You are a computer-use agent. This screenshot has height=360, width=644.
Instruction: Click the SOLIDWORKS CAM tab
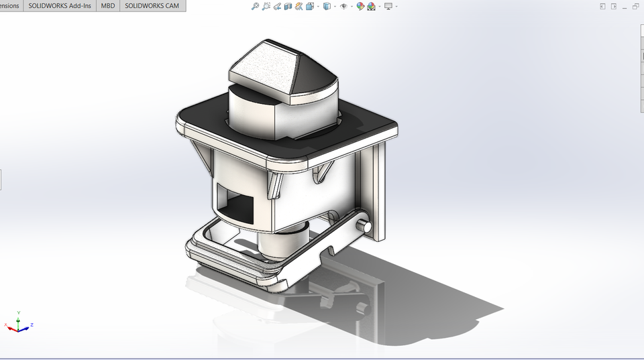click(x=152, y=5)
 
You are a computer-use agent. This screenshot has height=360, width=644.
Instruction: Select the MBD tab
click(x=107, y=5)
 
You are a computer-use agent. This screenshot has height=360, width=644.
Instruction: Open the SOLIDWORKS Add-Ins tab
click(x=60, y=5)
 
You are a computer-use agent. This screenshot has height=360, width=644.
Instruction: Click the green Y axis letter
click(x=18, y=312)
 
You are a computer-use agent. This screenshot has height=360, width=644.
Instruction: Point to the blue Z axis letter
click(x=32, y=324)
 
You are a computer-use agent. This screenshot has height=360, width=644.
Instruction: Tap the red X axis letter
click(x=6, y=325)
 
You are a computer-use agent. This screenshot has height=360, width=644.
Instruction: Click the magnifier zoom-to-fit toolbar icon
click(x=255, y=6)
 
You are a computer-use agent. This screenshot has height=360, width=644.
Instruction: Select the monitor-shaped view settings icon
click(x=388, y=6)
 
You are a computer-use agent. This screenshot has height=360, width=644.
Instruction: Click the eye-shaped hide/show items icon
click(x=343, y=6)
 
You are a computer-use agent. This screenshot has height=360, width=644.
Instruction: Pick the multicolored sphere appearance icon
click(x=360, y=6)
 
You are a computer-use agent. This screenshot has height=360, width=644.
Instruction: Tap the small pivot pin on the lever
click(x=365, y=226)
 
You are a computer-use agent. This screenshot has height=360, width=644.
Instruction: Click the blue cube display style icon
click(x=327, y=6)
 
